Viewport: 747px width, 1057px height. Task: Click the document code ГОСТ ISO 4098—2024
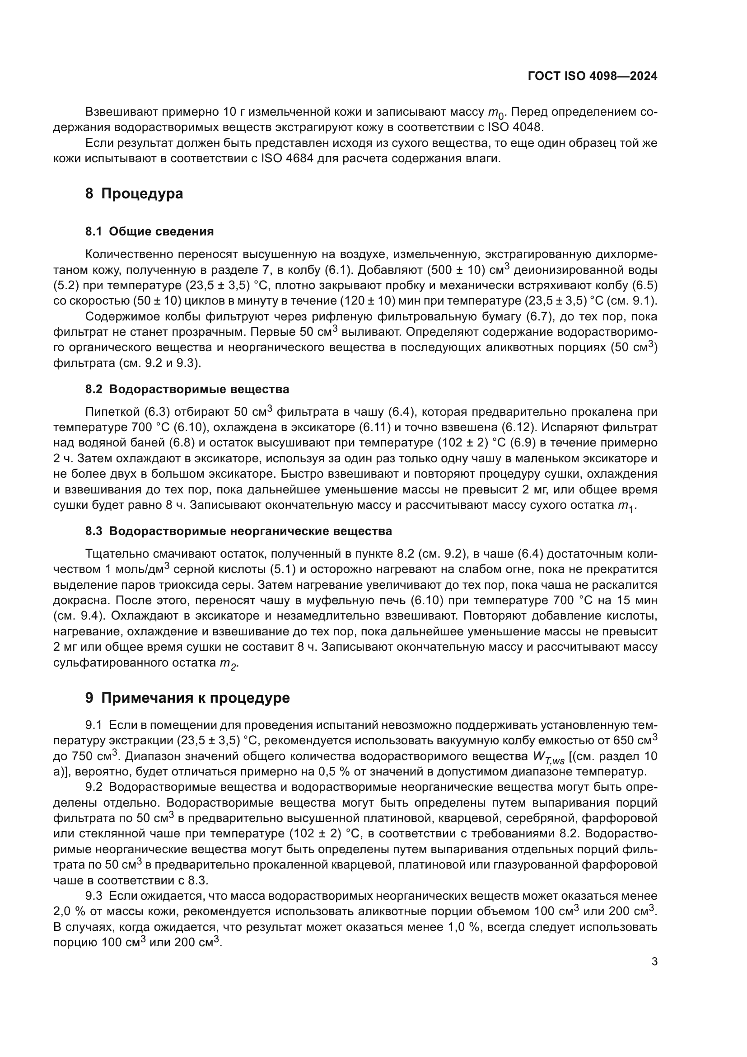pos(593,76)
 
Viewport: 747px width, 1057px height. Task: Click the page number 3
pos(654,962)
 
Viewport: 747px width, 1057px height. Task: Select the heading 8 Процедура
pos(134,194)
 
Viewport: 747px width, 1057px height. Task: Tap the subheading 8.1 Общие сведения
pos(149,231)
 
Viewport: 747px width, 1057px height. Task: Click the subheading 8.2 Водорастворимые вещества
pos(187,390)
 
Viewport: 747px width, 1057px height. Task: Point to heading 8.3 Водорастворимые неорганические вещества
pos(238,531)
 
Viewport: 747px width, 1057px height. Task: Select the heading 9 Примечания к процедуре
pos(187,698)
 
